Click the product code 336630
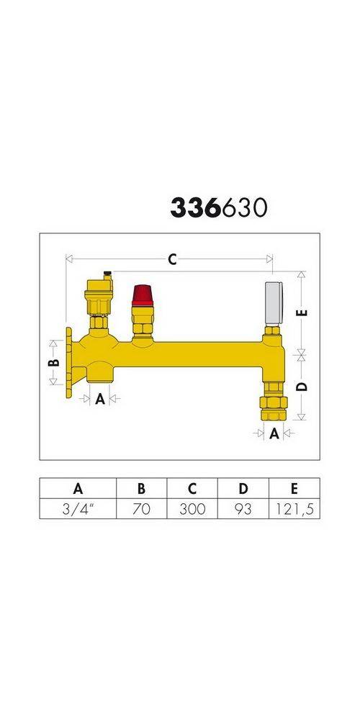point(219,207)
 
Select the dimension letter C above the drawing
point(172,261)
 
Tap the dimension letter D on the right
point(302,386)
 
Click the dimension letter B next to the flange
point(53,363)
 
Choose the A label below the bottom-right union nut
point(274,433)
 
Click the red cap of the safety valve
point(140,295)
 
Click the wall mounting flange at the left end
point(68,363)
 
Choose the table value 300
point(192,509)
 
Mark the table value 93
point(243,509)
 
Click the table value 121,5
point(294,509)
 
